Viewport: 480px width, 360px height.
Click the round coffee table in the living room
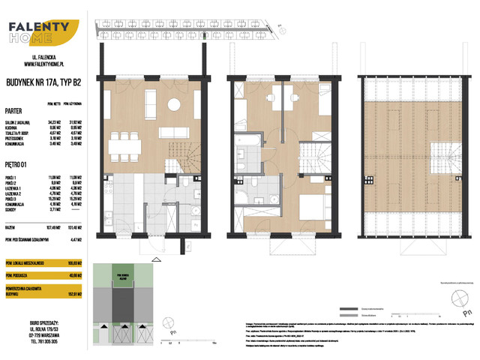point(173,103)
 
